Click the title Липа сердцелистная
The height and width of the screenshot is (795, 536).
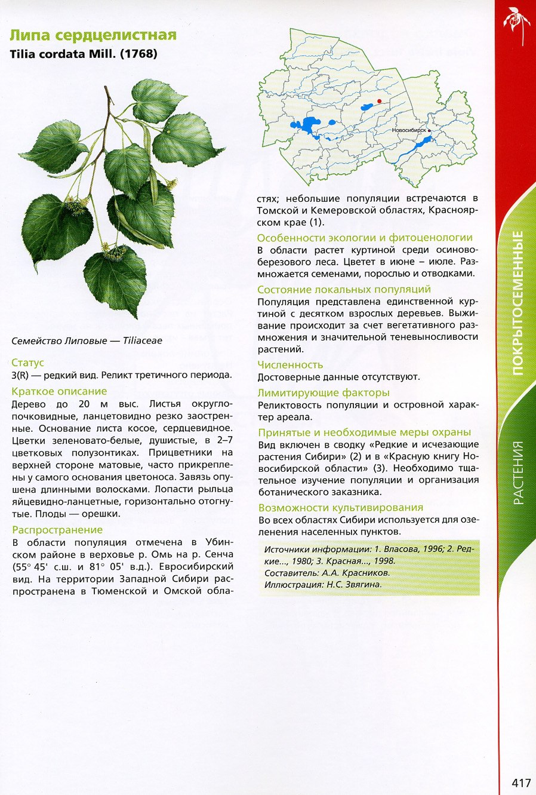(x=94, y=35)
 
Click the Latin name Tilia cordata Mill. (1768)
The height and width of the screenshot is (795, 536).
(x=84, y=54)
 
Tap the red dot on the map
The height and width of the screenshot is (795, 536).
(x=379, y=101)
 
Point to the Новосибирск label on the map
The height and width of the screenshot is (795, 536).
(x=409, y=130)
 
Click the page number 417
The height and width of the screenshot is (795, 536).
(x=520, y=782)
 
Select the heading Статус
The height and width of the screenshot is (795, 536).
(x=27, y=363)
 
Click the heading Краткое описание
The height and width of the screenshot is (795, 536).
(x=59, y=391)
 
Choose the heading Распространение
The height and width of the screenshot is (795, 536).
(x=57, y=530)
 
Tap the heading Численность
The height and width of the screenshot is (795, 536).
(x=290, y=364)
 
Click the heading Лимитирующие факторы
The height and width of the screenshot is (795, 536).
(x=324, y=392)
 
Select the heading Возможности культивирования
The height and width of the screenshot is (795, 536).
(x=341, y=508)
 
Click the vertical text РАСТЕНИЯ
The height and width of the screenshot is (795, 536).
(x=517, y=472)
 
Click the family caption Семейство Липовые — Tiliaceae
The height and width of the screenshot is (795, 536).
(x=87, y=341)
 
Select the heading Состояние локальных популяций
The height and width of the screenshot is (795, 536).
(x=344, y=290)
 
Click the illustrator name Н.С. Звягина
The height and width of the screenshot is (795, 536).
(x=354, y=585)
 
